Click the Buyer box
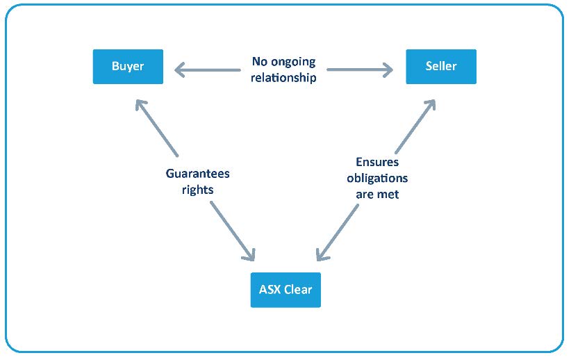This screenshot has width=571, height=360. coord(128,67)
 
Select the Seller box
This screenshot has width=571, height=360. coord(441,67)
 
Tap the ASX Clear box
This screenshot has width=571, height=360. coord(285,290)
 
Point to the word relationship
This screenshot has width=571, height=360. coord(283,77)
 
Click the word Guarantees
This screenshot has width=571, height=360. coord(197,173)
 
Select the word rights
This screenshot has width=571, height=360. coord(198,188)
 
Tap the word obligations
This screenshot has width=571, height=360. coord(377,179)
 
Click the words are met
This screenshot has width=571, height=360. coord(377,195)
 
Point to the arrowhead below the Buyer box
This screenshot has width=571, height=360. coord(142,106)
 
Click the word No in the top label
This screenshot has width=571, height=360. coord(260,62)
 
